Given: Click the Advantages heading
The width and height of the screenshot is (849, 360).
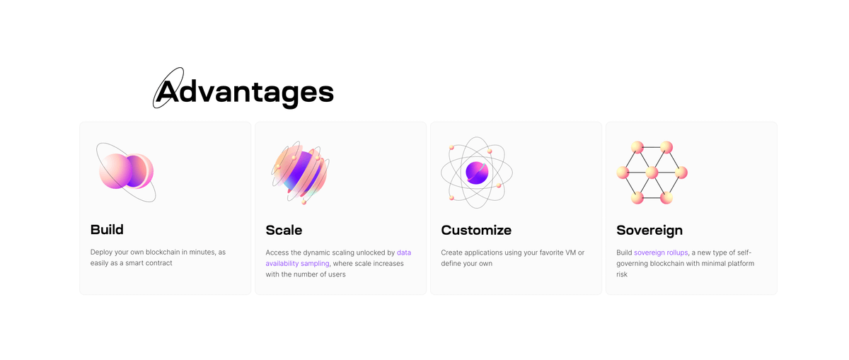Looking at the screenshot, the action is pyautogui.click(x=245, y=91).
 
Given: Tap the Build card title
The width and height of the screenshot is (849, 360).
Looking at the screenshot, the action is pyautogui.click(x=107, y=230).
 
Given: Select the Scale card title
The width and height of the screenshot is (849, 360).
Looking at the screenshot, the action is pyautogui.click(x=284, y=230).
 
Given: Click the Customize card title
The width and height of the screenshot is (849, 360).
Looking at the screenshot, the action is pyautogui.click(x=476, y=230).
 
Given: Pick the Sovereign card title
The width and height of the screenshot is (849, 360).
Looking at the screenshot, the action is pyautogui.click(x=649, y=231).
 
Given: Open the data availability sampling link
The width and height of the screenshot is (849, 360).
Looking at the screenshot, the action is pyautogui.click(x=338, y=258).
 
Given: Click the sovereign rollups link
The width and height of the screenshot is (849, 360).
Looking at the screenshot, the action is pyautogui.click(x=661, y=252).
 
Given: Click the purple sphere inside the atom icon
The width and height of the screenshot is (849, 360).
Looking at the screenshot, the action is pyautogui.click(x=477, y=173).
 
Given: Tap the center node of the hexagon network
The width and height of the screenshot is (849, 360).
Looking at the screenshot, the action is pyautogui.click(x=652, y=173).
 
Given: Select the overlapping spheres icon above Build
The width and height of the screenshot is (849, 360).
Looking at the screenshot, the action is pyautogui.click(x=126, y=172).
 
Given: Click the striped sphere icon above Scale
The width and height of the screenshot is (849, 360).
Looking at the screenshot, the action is pyautogui.click(x=301, y=173).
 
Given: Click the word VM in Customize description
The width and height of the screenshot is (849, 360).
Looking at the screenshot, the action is pyautogui.click(x=570, y=252).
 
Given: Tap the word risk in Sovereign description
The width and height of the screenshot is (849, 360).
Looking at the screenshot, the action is pyautogui.click(x=622, y=274).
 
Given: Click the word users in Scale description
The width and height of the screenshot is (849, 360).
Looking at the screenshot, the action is pyautogui.click(x=336, y=274).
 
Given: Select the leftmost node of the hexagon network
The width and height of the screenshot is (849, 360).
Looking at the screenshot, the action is pyautogui.click(x=623, y=173).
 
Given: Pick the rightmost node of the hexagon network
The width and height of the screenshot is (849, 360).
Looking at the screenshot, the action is pyautogui.click(x=681, y=173).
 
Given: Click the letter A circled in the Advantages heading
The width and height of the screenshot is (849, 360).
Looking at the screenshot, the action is pyautogui.click(x=167, y=91).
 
